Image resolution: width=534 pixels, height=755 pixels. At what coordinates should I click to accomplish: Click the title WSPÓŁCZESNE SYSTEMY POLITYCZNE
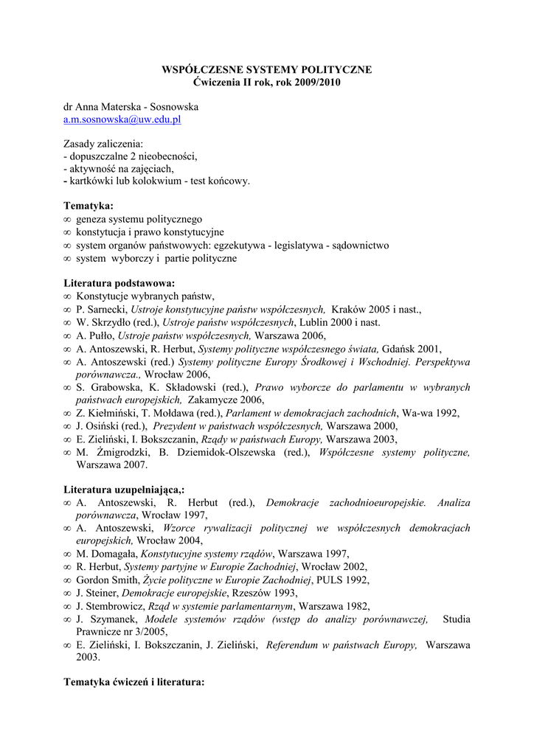tap(266, 69)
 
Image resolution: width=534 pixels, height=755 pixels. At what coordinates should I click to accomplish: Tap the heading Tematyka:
tap(89, 206)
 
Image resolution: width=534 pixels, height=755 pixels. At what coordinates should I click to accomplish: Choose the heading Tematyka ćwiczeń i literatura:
tap(133, 682)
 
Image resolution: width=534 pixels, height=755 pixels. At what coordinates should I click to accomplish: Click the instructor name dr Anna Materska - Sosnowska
tap(131, 106)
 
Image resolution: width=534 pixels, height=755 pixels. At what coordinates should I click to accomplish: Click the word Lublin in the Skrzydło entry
tap(314, 322)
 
